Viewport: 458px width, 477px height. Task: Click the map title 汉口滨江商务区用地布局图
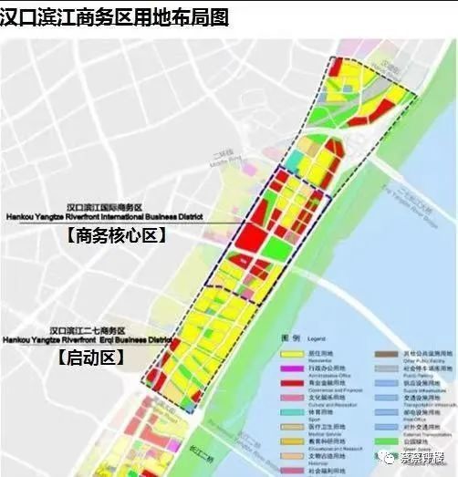point(114,16)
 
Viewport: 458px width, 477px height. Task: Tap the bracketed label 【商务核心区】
point(113,235)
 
